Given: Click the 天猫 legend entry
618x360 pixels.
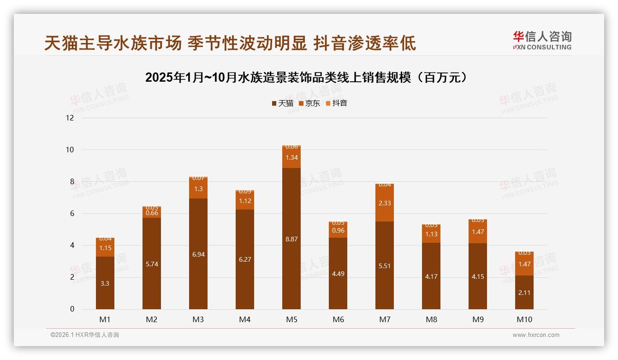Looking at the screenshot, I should tap(282, 103).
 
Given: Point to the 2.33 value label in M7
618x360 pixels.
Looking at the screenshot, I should tap(385, 203).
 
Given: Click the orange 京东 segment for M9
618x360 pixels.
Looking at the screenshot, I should tap(478, 232).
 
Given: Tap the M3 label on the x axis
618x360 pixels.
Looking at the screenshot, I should tap(198, 319).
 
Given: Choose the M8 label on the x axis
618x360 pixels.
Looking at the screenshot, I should tap(431, 319).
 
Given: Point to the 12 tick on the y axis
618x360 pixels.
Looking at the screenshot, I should tap(70, 118).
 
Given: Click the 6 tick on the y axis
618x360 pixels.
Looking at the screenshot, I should tap(71, 214).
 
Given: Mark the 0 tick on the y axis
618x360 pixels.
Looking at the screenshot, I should tap(71, 309).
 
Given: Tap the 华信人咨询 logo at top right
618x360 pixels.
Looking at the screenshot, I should tap(542, 40).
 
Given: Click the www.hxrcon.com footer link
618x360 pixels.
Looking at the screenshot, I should tap(536, 335).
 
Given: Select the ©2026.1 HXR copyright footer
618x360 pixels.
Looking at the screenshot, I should tap(84, 335).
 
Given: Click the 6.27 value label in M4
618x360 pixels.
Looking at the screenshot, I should tap(245, 259).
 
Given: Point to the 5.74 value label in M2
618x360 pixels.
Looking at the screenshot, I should tap(152, 264).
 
